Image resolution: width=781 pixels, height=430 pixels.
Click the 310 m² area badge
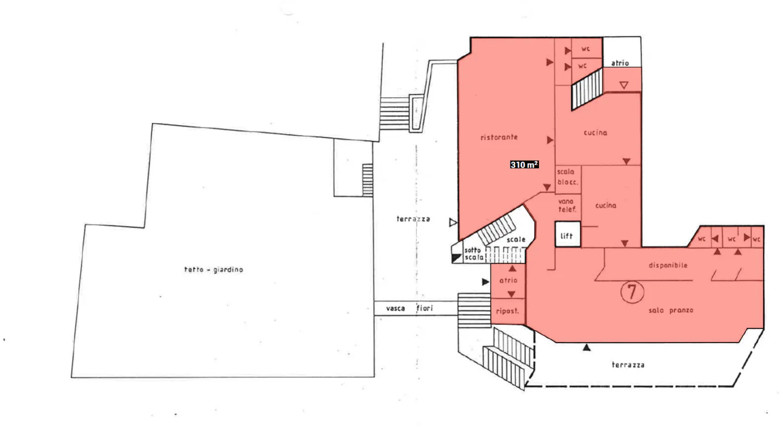[524, 165]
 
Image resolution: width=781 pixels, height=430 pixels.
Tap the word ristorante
[499, 137]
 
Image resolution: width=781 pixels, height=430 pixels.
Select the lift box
[567, 236]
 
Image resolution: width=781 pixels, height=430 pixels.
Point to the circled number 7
[631, 292]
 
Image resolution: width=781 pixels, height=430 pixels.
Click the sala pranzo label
[671, 311]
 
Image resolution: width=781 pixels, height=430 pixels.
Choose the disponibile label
[668, 265]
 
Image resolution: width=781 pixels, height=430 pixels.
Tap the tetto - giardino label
[213, 269]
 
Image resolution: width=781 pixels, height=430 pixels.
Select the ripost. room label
[508, 312]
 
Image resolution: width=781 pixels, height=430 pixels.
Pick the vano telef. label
[567, 205]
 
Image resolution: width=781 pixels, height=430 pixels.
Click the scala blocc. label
[567, 177]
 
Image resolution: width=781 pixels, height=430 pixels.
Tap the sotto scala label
[473, 254]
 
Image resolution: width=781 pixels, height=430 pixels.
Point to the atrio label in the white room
[620, 63]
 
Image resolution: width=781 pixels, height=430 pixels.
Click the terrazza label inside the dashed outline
[628, 365]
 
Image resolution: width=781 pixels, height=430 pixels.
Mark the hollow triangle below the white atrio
[624, 85]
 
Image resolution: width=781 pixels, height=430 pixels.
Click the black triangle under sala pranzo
[586, 347]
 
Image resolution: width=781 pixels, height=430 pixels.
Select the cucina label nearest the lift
[606, 206]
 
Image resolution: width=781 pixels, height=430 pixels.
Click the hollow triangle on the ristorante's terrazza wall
[453, 222]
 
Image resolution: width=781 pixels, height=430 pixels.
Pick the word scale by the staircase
[516, 239]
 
